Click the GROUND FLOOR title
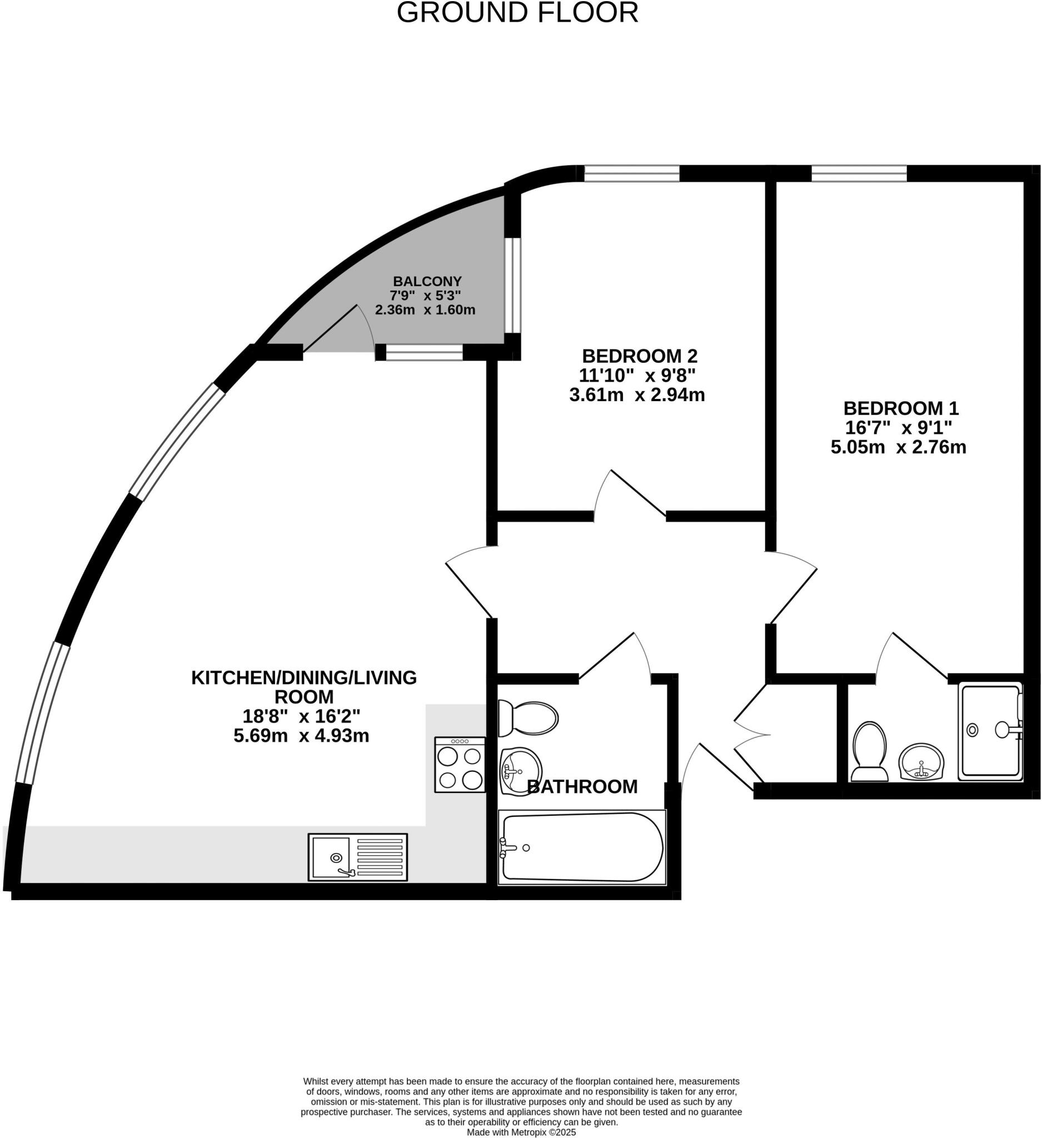point(517,12)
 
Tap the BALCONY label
point(427,281)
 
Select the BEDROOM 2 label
point(640,356)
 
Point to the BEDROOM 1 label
point(900,407)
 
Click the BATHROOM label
point(582,786)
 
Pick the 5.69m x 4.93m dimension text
point(301,736)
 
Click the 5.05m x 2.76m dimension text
point(898,447)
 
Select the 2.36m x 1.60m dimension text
point(425,310)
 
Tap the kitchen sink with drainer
point(357,856)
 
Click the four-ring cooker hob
point(460,764)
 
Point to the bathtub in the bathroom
point(582,847)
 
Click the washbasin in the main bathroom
point(520,770)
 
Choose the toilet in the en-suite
point(869,751)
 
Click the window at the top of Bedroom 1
point(859,173)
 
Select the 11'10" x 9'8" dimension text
point(637,375)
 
